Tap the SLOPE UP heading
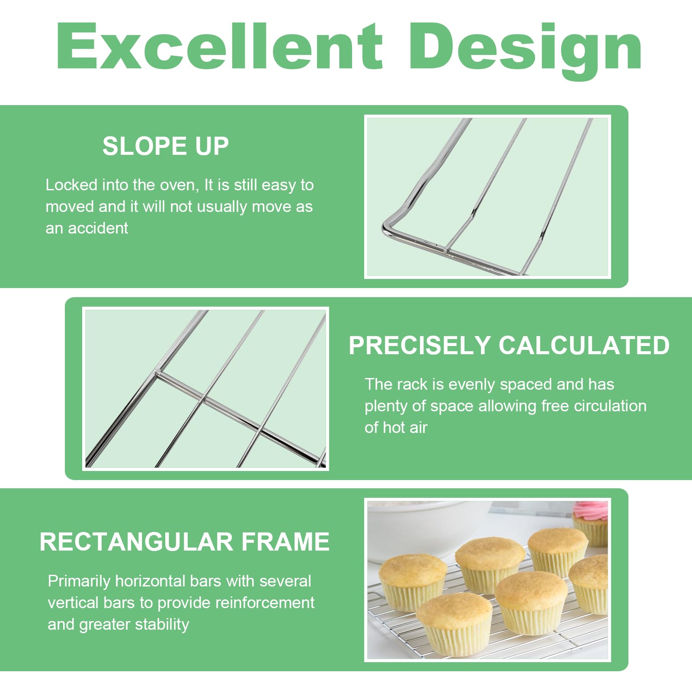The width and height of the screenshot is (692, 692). [166, 146]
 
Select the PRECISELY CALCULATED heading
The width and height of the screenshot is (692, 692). [509, 345]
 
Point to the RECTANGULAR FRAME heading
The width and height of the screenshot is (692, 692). [184, 541]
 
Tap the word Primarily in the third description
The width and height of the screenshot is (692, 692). [79, 582]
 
